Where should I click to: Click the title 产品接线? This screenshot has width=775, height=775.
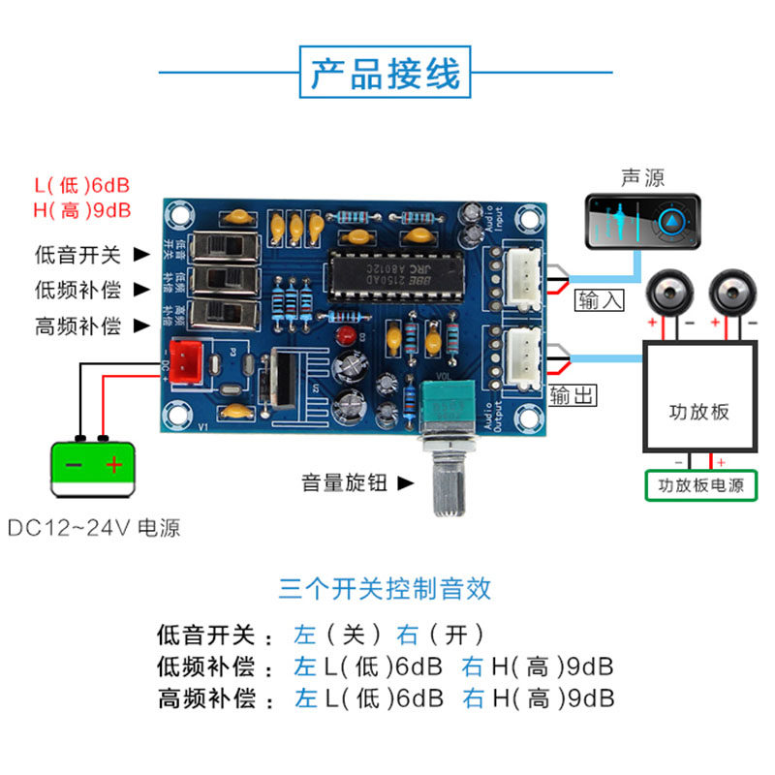coord(386,72)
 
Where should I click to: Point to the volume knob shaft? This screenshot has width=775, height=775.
coord(448,483)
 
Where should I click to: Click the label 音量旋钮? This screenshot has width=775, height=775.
coord(344,481)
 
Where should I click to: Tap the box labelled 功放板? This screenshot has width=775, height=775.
coord(699,410)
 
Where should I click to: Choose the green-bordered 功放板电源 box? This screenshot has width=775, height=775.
coord(701,485)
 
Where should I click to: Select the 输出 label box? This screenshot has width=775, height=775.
coord(573,394)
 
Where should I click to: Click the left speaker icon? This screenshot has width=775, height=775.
coord(668,292)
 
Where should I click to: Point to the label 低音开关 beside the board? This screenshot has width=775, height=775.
coord(77,256)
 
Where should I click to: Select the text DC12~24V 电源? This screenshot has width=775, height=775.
coord(94,529)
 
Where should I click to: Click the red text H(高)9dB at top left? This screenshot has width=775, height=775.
coord(82,209)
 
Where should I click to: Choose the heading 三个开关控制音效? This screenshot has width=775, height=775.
coord(386,588)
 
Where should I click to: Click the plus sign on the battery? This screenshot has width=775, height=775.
coord(115,465)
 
